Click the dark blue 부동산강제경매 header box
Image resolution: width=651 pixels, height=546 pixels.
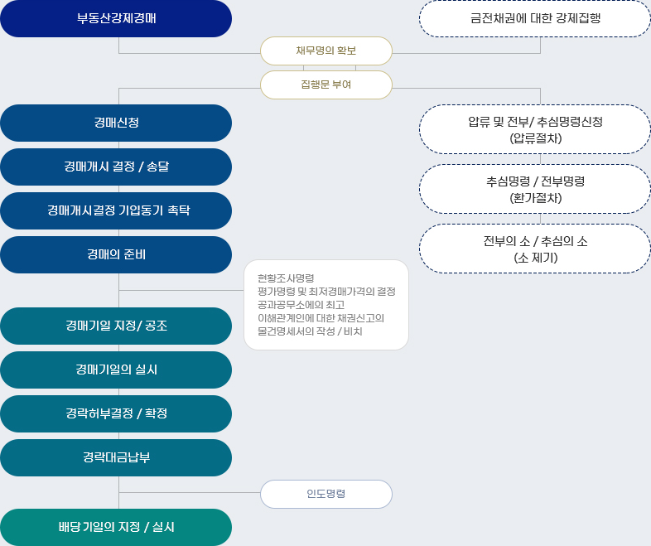coord(116,19)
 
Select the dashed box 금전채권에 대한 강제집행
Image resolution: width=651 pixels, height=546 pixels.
coord(535,19)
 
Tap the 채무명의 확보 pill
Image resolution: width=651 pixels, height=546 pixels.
coord(326,51)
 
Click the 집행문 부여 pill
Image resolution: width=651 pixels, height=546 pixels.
coord(326,85)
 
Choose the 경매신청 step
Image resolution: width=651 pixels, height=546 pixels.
coord(116,123)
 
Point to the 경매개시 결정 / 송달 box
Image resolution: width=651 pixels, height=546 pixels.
coord(116,167)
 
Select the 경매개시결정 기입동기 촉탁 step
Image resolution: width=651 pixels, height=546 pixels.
coord(116,210)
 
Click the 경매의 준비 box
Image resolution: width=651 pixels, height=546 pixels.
coord(116,254)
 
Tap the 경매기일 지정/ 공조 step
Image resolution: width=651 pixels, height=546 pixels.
coord(116,326)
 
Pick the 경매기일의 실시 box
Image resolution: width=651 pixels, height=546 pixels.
coord(116,370)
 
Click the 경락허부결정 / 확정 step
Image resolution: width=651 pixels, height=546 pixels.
coord(116,413)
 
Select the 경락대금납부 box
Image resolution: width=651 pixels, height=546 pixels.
coord(116,457)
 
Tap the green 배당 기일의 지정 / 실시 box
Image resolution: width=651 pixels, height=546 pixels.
coord(116,527)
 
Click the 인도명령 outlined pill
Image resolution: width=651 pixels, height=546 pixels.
coord(326,494)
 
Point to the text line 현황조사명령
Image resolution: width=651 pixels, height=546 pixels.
coord(286,278)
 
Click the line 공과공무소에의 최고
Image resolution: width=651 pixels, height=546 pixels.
coord(301,305)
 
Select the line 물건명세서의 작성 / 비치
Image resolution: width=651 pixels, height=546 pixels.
coord(310,331)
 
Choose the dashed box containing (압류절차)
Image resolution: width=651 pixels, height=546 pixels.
coord(535,129)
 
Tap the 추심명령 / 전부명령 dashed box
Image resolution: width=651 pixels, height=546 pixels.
coord(535,189)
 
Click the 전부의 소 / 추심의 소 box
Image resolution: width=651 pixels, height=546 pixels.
coord(535,249)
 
